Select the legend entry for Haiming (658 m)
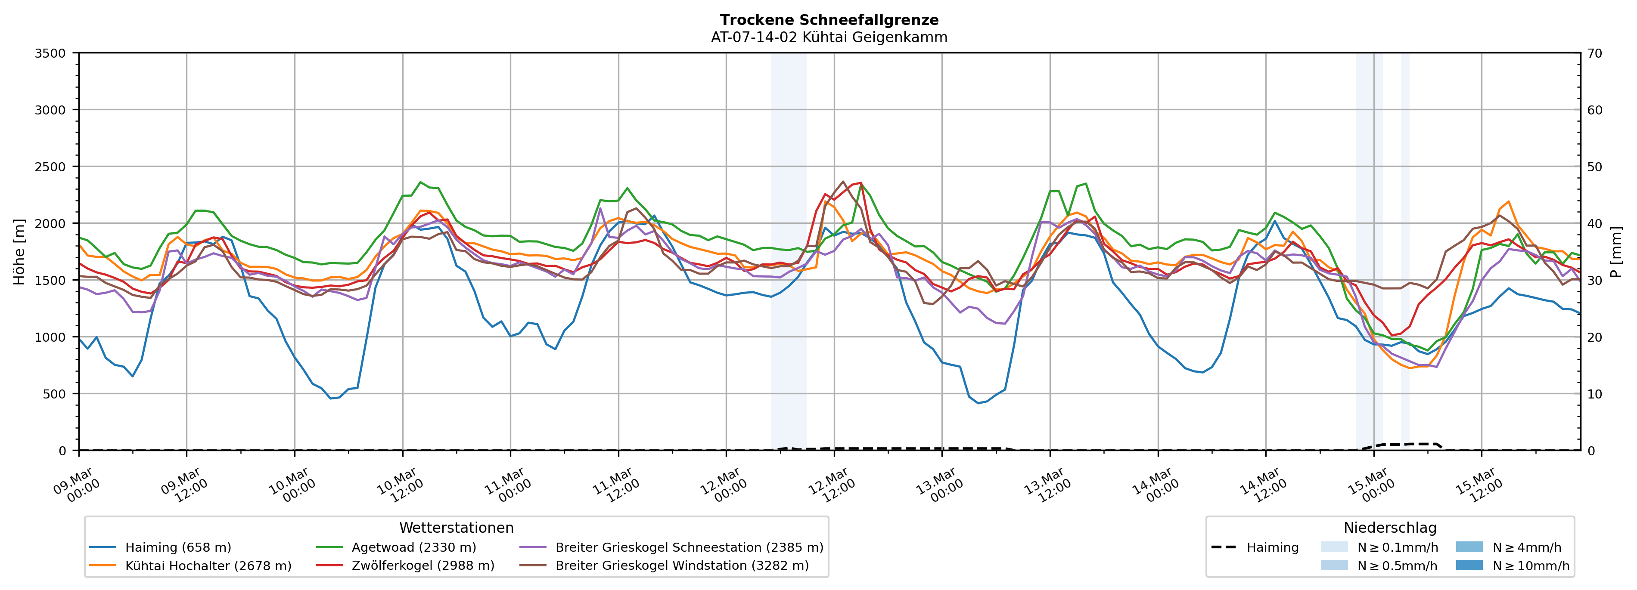click(177, 547)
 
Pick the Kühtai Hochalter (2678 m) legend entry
click(208, 566)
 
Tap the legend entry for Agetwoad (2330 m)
click(413, 547)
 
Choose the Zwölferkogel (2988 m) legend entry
click(422, 566)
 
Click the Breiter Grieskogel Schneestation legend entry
click(689, 547)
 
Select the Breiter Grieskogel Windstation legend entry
click(681, 566)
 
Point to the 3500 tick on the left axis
click(50, 53)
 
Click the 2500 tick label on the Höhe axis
click(50, 167)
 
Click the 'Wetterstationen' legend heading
click(456, 528)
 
